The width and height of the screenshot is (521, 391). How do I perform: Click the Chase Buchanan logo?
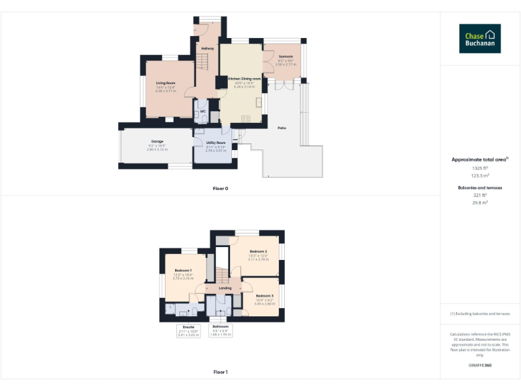pos(480,39)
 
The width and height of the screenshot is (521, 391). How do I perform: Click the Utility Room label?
pos(216,143)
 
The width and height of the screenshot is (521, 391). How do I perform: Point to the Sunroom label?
pos(285,56)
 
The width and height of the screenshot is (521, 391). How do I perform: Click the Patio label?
pos(281,127)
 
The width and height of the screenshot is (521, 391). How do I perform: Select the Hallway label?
pos(208,48)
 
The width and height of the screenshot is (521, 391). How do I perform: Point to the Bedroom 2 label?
pos(258,251)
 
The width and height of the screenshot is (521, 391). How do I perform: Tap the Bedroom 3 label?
pos(265,295)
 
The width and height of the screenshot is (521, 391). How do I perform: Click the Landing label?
pos(225,288)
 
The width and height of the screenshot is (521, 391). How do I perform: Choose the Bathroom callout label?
pos(220,327)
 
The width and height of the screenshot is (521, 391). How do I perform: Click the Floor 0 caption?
pos(220,187)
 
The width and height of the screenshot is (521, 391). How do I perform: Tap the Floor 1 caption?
pos(220,372)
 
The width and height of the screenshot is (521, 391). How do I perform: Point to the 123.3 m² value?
pos(480,175)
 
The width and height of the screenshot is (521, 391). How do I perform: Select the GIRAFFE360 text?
pos(480,365)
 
